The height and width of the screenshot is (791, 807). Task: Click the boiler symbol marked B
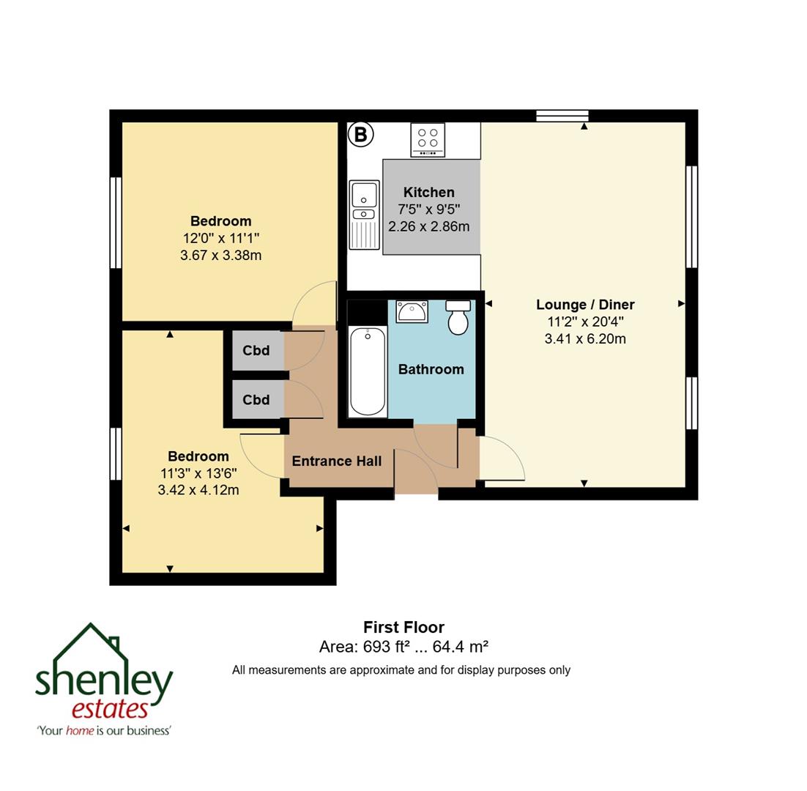pyautogui.click(x=360, y=135)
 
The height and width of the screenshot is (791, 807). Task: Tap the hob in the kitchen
pyautogui.click(x=428, y=139)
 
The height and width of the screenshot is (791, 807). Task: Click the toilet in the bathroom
pyautogui.click(x=458, y=316)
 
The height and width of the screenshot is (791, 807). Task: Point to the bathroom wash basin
pyautogui.click(x=412, y=311)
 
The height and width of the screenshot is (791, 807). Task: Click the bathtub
pyautogui.click(x=368, y=371)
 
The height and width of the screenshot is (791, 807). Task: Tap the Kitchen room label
pyautogui.click(x=428, y=193)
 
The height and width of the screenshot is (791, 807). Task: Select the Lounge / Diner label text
pyautogui.click(x=585, y=305)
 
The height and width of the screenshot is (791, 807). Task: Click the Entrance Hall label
pyautogui.click(x=337, y=461)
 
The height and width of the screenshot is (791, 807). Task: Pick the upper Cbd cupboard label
pyautogui.click(x=256, y=351)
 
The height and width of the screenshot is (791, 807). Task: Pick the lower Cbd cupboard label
pyautogui.click(x=256, y=400)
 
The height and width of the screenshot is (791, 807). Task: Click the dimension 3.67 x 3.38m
pyautogui.click(x=220, y=256)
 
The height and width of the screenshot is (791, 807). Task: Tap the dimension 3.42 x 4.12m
pyautogui.click(x=198, y=490)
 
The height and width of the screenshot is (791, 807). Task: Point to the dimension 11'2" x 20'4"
pyautogui.click(x=585, y=322)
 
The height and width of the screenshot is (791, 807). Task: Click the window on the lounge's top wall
pyautogui.click(x=562, y=116)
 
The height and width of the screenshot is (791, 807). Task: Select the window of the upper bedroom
pyautogui.click(x=115, y=223)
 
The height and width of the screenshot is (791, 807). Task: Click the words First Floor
pyautogui.click(x=403, y=628)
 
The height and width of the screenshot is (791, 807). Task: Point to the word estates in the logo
pyautogui.click(x=110, y=709)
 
